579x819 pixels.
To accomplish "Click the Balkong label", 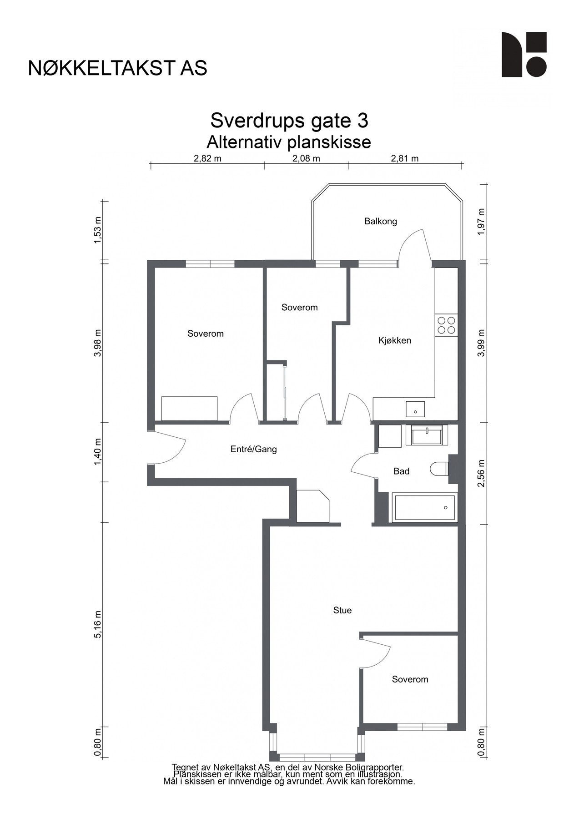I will point(380,222).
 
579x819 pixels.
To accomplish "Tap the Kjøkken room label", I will point(394,340).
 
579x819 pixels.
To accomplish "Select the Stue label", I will point(342,610).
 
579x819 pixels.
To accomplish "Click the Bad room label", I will point(401,471).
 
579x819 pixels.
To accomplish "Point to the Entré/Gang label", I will point(253,450).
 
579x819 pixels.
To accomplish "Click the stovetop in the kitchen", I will point(446,325).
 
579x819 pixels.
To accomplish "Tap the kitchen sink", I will point(415,409).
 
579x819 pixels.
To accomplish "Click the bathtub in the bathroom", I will point(424,508).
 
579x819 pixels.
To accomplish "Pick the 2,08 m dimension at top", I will point(306,159).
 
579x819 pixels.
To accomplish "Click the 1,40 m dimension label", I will point(97,452).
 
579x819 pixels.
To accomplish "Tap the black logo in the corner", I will point(524,55).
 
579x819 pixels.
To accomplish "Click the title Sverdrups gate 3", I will point(289,121).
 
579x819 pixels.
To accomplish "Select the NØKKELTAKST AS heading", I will point(117,68).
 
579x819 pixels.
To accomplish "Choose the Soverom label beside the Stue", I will point(410,679).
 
